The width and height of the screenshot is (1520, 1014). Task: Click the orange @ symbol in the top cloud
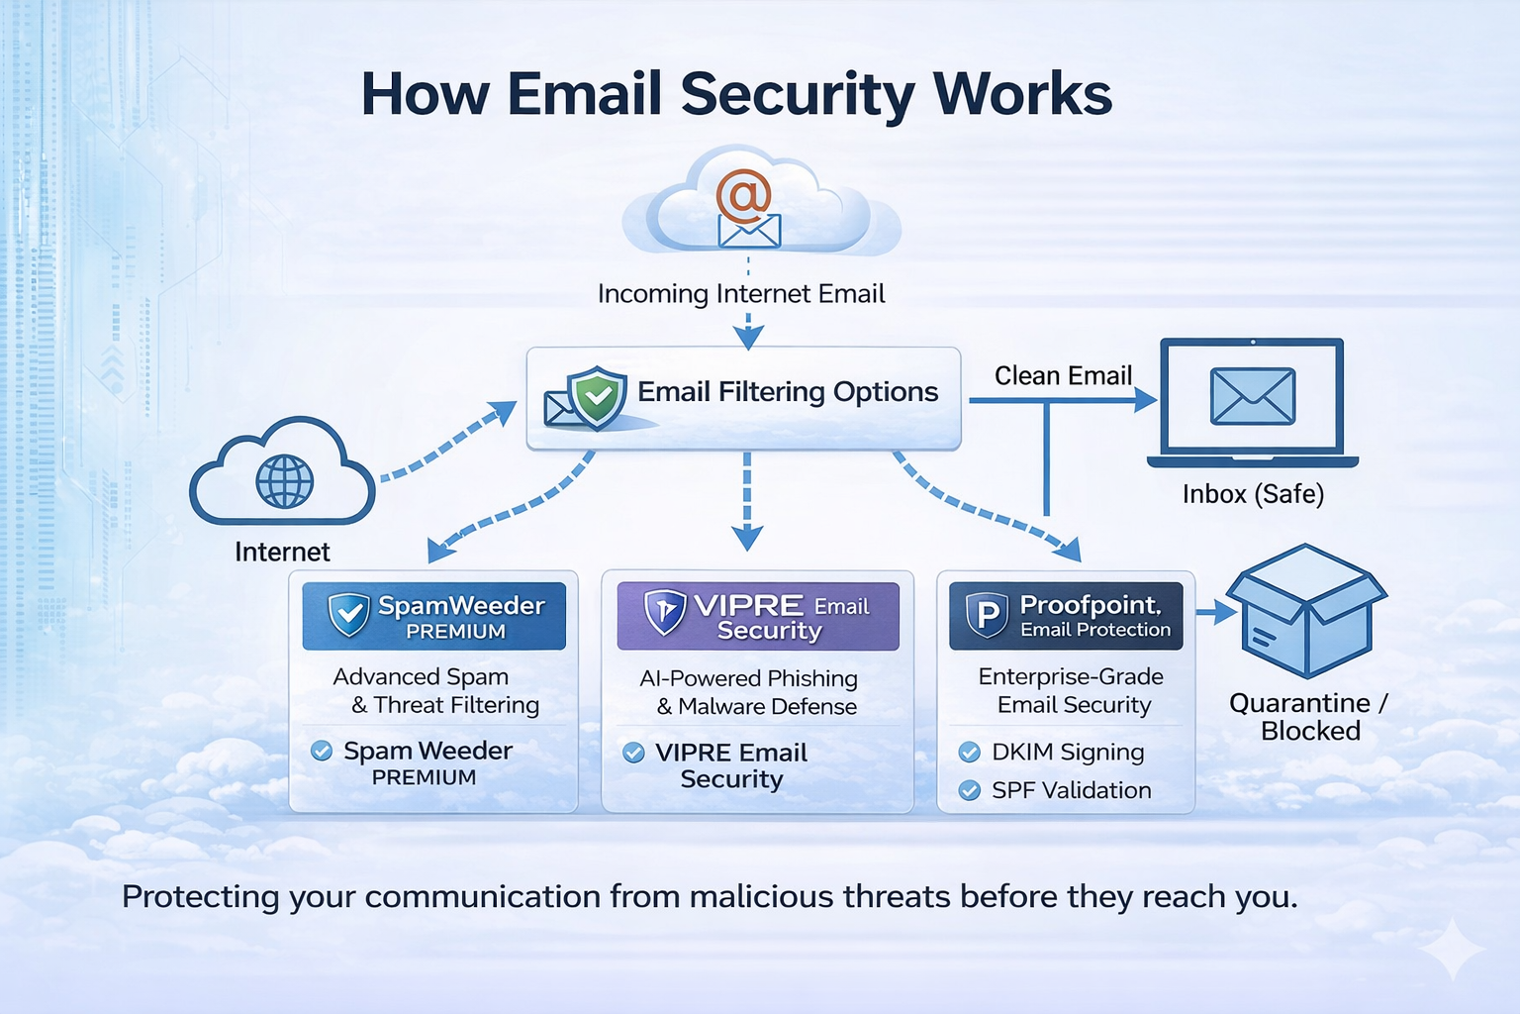(743, 195)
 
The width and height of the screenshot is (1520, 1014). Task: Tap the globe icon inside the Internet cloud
(284, 481)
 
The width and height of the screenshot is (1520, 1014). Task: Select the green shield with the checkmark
(597, 397)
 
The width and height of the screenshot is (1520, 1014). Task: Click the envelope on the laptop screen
(1252, 396)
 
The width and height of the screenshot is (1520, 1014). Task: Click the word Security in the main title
(798, 94)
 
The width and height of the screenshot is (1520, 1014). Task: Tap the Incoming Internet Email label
(741, 294)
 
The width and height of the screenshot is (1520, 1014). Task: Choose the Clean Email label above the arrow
(1063, 376)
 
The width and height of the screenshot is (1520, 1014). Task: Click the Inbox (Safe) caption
(1253, 494)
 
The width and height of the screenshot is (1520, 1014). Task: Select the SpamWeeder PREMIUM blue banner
(434, 616)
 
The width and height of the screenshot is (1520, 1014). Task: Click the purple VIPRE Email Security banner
(758, 616)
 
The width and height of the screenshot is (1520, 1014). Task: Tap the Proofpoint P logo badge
(987, 615)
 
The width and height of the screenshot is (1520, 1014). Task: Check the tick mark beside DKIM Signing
(970, 753)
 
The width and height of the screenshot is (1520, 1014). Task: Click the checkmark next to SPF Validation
(970, 790)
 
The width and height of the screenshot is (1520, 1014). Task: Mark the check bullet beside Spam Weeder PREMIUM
(322, 751)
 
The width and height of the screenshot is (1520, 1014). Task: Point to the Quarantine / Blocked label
(1308, 717)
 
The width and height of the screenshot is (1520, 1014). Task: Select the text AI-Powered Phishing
(748, 678)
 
